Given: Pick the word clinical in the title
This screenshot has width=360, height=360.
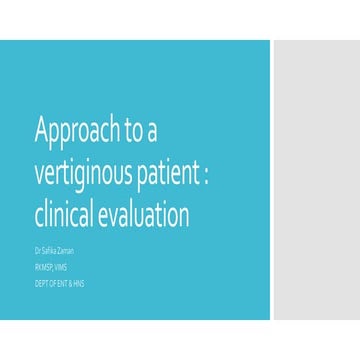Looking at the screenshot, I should pos(68,215).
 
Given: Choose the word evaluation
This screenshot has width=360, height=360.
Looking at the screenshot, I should pos(150,215).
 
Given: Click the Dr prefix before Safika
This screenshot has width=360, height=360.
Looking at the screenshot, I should pos(38,251).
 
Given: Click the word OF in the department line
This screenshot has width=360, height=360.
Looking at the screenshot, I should pos(53,283).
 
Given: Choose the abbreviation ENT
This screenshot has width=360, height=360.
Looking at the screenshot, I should pos(63,283).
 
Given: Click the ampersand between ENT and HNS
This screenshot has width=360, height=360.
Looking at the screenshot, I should pos(71,283).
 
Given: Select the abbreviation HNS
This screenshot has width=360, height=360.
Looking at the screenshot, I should pos(79,283).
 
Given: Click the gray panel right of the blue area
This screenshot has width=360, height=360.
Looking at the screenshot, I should pos(315,180).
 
